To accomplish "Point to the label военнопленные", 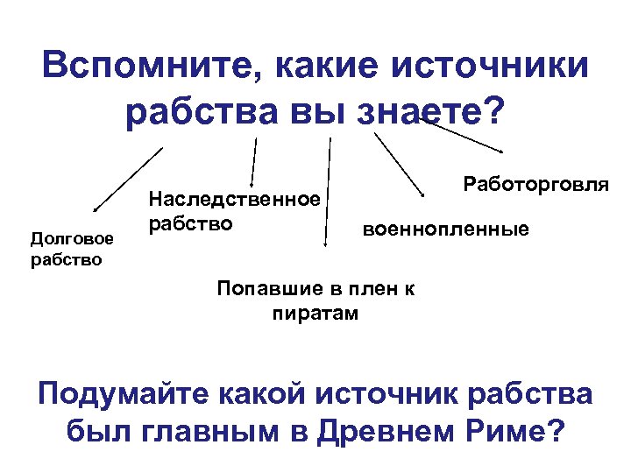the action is pyautogui.click(x=446, y=229).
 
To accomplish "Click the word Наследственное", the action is pyautogui.click(x=233, y=201).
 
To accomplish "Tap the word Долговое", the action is pyautogui.click(x=72, y=237).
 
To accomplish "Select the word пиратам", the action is pyautogui.click(x=315, y=313).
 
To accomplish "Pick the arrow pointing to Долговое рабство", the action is pyautogui.click(x=127, y=180).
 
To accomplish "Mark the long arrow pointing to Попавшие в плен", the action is pyautogui.click(x=328, y=193).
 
